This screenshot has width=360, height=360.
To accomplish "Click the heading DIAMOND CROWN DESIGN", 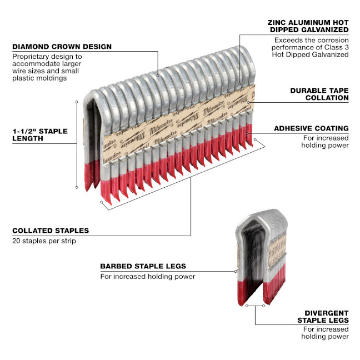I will click(62, 46).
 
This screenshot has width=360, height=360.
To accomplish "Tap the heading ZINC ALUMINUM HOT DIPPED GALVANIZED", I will click(307, 25).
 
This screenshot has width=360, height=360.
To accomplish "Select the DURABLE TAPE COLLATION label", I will click(319, 93).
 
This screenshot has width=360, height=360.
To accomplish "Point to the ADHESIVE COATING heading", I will click(311, 128).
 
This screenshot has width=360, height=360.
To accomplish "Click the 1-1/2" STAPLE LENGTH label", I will click(40, 134).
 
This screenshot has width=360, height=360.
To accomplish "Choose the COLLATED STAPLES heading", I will click(51, 230).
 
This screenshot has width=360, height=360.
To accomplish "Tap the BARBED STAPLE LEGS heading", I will click(143, 266).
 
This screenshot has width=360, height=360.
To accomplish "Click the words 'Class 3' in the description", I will click(336, 48).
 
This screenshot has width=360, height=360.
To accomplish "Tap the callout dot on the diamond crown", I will click(157, 74).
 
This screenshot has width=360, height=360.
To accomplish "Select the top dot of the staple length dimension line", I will click(77, 102).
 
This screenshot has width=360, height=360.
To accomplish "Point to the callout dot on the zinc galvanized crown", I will click(241, 84).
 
